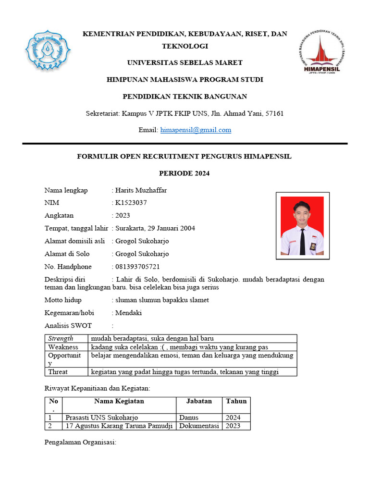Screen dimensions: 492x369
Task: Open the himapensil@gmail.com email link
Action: click(196, 130)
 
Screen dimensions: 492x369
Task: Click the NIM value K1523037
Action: click(131, 203)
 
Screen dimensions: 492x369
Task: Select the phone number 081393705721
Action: click(137, 267)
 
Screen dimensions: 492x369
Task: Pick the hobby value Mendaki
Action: click(128, 313)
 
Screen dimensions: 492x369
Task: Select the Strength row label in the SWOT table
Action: click(61, 339)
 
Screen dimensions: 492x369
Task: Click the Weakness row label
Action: click(63, 347)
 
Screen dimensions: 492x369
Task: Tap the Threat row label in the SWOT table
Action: click(58, 372)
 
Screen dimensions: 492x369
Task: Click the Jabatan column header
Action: click(199, 401)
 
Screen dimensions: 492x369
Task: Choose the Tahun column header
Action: click(236, 401)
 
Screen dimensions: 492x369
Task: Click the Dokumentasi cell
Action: click(199, 426)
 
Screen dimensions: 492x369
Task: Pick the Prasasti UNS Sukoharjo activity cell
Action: click(105, 418)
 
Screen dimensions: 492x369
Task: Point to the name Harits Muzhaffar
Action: click(141, 190)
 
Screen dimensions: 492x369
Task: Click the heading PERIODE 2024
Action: click(184, 173)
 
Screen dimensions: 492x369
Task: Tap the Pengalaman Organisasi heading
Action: click(80, 442)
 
